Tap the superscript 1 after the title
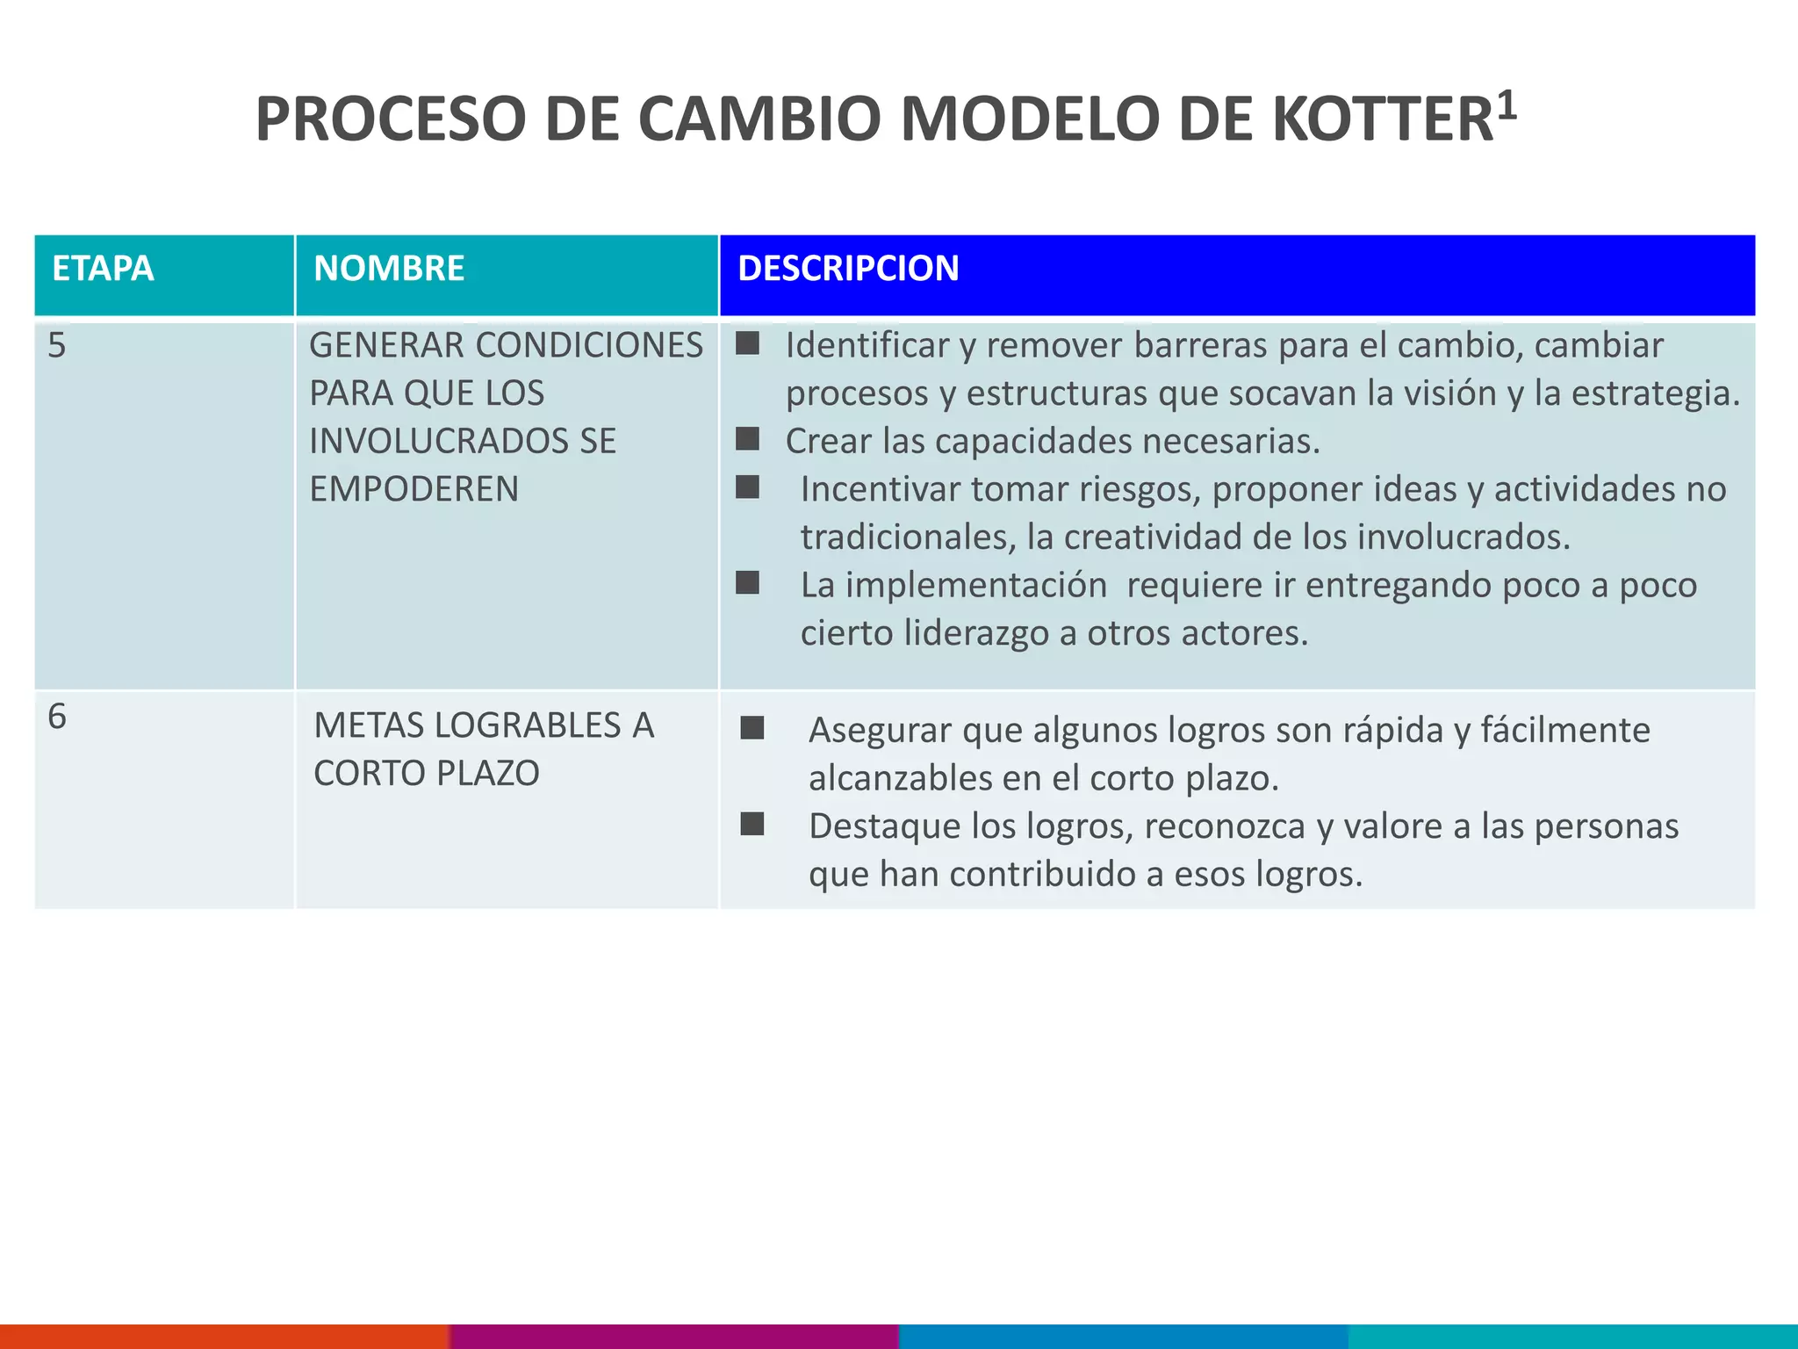pos(1507,105)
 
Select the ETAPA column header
pos(103,269)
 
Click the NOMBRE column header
pos(389,269)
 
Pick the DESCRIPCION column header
pos(848,269)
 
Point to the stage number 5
pos(57,346)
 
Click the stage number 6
pos(57,718)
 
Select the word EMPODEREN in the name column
pos(414,489)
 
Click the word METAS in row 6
pos(369,725)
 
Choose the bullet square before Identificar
pos(747,343)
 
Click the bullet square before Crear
pos(747,438)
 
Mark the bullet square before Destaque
pos(752,824)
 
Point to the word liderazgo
pos(975,633)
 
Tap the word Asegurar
pos(880,731)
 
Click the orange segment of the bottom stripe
pos(224,1336)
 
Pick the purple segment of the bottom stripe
pos(674,1336)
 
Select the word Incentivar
pos(881,489)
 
